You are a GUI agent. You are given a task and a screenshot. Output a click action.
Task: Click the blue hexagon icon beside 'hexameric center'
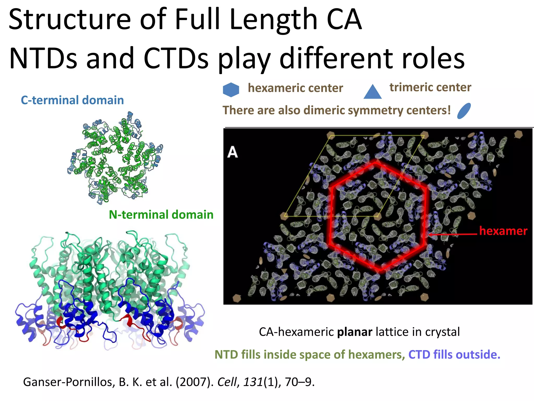pyautogui.click(x=231, y=90)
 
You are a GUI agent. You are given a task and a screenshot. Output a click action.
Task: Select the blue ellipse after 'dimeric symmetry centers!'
pyautogui.click(x=464, y=111)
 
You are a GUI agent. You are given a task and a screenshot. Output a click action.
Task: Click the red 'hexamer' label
pyautogui.click(x=503, y=231)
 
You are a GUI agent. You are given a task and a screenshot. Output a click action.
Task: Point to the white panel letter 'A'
pyautogui.click(x=233, y=152)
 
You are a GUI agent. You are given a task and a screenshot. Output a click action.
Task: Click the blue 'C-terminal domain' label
pyautogui.click(x=72, y=100)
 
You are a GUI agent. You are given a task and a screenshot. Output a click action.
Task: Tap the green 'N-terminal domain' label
pyautogui.click(x=161, y=215)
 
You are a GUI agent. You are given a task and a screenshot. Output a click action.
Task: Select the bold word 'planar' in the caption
pyautogui.click(x=355, y=332)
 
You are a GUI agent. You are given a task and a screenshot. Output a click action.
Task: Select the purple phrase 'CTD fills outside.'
pyautogui.click(x=454, y=355)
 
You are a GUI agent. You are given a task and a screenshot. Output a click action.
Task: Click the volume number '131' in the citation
pyautogui.click(x=253, y=382)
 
